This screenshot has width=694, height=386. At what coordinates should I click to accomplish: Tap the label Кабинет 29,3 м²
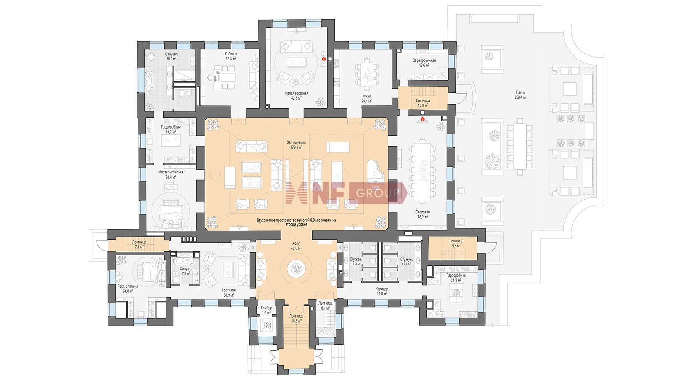pyautogui.click(x=231, y=56)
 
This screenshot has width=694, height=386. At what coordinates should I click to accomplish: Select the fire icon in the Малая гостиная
pyautogui.click(x=324, y=58)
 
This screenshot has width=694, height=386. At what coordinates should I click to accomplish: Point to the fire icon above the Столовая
pyautogui.click(x=422, y=118)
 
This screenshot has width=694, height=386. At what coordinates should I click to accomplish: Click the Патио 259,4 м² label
pyautogui.click(x=521, y=95)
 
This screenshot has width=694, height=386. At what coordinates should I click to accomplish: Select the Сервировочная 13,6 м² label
pyautogui.click(x=424, y=63)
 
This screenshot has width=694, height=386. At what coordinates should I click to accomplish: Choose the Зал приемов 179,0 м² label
pyautogui.click(x=296, y=144)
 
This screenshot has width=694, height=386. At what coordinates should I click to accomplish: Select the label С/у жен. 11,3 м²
pyautogui.click(x=356, y=262)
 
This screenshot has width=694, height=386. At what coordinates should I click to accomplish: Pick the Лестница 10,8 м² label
pyautogui.click(x=423, y=103)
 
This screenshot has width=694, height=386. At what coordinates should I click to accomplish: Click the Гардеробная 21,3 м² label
pyautogui.click(x=456, y=278)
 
